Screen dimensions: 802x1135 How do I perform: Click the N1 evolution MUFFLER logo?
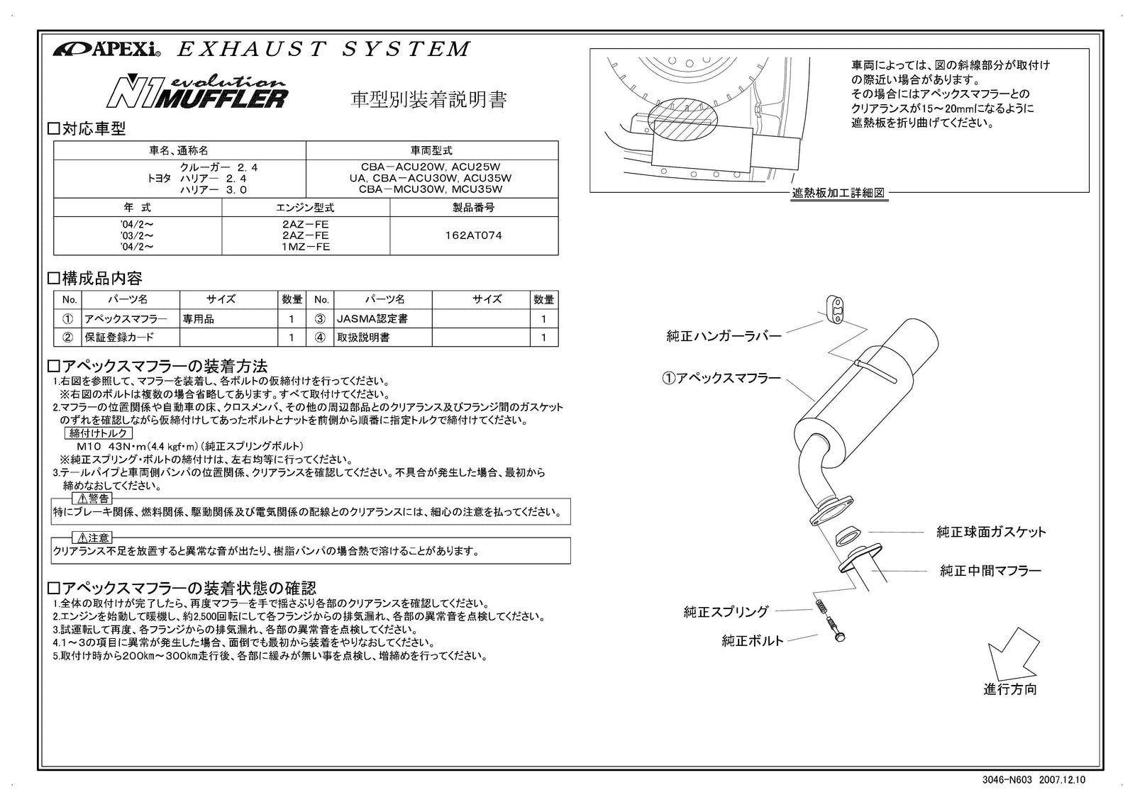coord(197,91)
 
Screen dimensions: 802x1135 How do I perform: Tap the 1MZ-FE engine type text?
coord(306,247)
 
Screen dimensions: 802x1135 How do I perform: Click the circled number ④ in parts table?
coord(321,338)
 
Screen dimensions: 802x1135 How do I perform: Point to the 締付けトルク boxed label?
coord(99,433)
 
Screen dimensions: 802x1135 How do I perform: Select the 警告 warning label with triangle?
coord(92,498)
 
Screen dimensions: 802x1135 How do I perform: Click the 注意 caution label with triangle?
coord(92,538)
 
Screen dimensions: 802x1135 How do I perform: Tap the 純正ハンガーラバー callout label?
coord(724,336)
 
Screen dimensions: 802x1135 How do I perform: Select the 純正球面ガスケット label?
coord(991,532)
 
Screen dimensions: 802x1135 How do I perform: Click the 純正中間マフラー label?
coord(990,570)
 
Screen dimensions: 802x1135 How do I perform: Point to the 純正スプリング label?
coord(726,611)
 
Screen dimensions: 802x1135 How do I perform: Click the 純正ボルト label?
coord(752,641)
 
